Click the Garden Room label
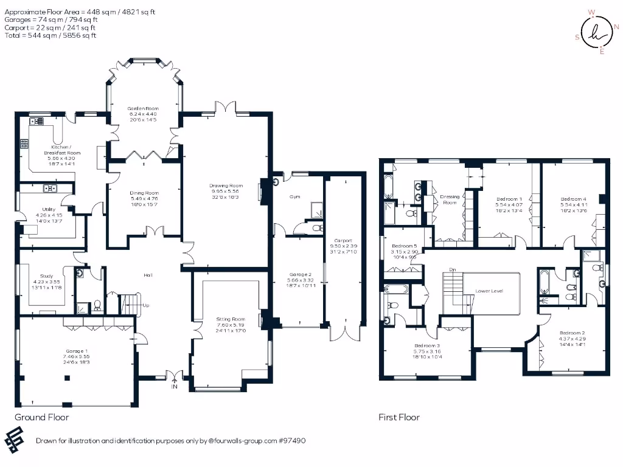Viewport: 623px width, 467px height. tap(144, 106)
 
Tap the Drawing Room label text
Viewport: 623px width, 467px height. tap(226, 185)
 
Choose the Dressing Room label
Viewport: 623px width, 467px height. tap(450, 199)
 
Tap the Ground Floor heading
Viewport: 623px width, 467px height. tap(41, 417)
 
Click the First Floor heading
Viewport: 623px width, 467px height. tap(399, 417)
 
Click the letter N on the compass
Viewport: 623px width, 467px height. tap(616, 27)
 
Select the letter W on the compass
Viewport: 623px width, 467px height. tap(591, 12)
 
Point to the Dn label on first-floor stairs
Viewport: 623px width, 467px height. tap(452, 269)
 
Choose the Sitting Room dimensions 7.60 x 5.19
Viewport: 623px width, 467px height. tap(231, 325)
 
